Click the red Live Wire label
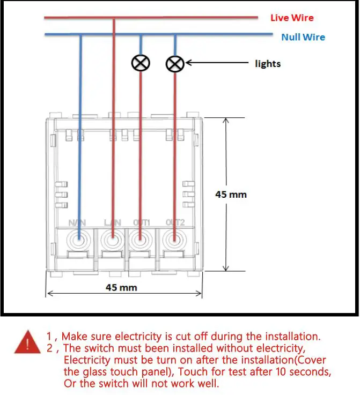coord(291,18)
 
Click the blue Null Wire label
coord(303,37)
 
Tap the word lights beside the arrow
coord(268,63)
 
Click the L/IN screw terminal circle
coord(113,240)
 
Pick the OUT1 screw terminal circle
coord(141,240)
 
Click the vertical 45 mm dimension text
coord(231,194)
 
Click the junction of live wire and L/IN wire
coord(113,18)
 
